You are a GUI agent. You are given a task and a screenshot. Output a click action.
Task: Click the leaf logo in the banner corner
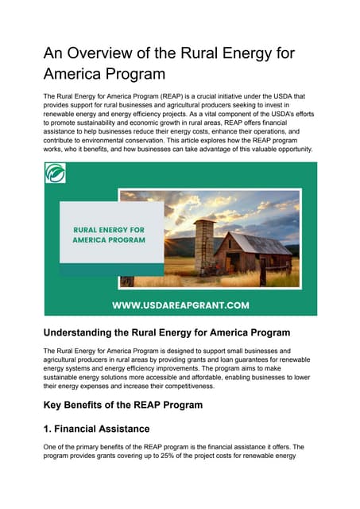coord(56,173)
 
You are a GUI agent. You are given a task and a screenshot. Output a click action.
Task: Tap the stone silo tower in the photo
coord(204,243)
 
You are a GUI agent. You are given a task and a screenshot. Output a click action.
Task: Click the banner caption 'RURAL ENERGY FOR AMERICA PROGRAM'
coord(109,234)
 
